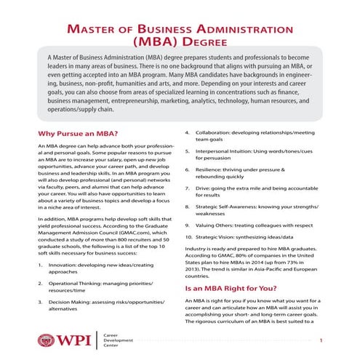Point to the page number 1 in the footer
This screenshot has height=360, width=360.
321,340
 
